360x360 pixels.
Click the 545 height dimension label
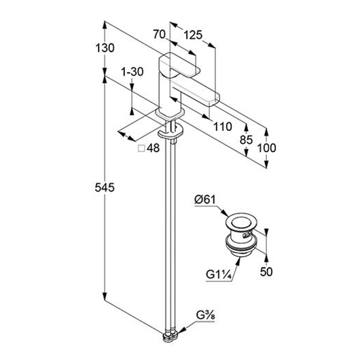(105, 187)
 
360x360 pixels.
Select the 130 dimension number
(105, 48)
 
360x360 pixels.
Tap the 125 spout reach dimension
(193, 35)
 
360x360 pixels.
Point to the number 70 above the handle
(160, 34)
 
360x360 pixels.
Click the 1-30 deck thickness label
(132, 71)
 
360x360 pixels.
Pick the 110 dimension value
(223, 126)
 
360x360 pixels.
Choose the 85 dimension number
(246, 140)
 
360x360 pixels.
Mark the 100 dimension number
(266, 148)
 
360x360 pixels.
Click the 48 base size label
(153, 148)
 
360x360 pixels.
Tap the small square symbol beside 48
(141, 149)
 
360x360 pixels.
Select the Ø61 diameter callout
(205, 199)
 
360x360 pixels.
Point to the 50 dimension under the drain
(266, 272)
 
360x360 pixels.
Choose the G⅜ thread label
(206, 315)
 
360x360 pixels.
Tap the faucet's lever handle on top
(179, 65)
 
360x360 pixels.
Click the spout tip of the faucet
(215, 99)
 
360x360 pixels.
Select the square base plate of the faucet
(170, 114)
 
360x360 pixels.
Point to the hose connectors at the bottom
(170, 337)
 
